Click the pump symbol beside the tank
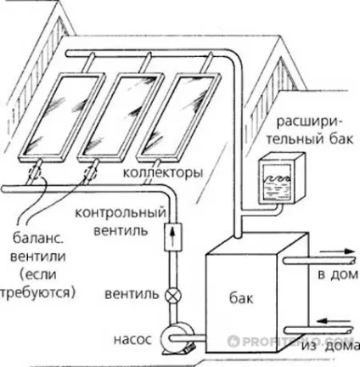176,339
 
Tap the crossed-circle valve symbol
173,295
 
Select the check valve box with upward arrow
173,237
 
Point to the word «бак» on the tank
241,298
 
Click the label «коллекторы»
163,172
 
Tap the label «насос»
132,340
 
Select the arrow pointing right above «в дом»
338,251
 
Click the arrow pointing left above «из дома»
335,321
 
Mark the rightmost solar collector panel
179,116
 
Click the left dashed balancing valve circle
35,172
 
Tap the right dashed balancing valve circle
91,172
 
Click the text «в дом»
338,274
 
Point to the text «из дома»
330,346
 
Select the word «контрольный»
121,212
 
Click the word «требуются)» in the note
37,292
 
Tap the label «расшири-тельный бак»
310,131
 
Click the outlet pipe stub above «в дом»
318,261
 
